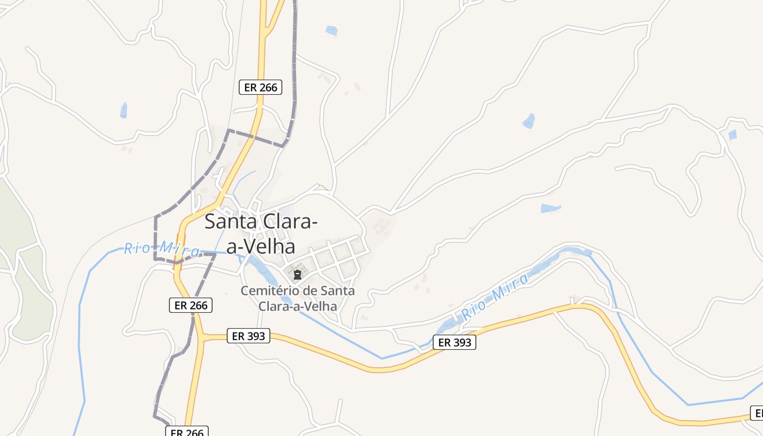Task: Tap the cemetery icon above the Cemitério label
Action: tap(298, 275)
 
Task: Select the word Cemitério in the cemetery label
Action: tap(271, 290)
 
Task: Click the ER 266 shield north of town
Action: tap(261, 87)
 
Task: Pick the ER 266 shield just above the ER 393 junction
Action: tap(190, 305)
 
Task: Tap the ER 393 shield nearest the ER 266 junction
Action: tap(248, 336)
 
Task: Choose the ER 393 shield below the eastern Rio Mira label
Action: tap(455, 342)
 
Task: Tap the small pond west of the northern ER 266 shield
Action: tap(124, 110)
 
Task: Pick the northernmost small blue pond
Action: tap(331, 31)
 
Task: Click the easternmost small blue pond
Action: tap(732, 134)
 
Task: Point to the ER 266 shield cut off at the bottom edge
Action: tap(187, 432)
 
